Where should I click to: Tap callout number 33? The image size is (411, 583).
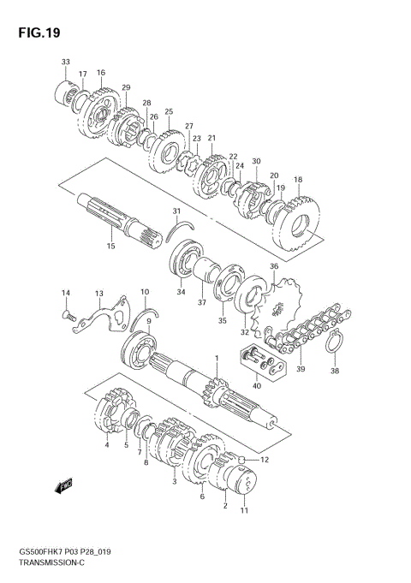(x=65, y=62)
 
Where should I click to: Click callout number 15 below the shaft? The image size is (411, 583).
(x=110, y=246)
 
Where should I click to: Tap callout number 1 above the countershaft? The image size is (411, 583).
(x=217, y=358)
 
